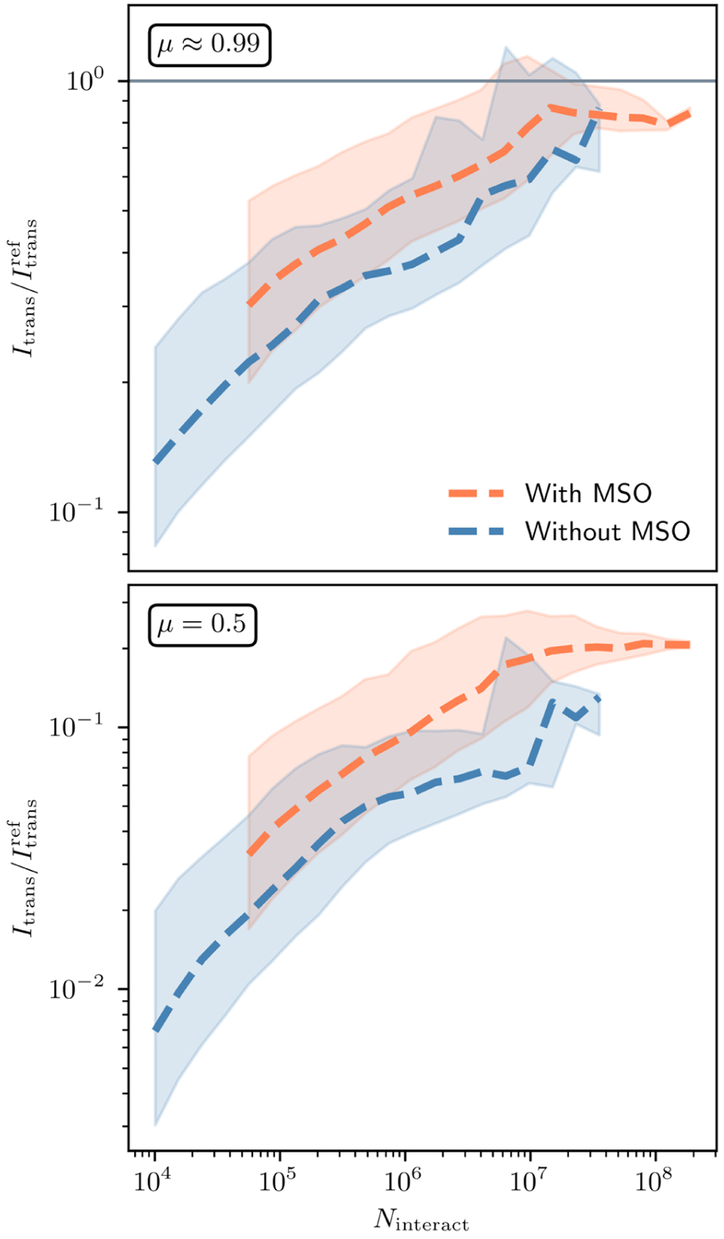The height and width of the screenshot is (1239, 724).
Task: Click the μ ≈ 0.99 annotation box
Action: pos(209,45)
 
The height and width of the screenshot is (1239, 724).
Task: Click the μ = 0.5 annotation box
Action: pos(202,624)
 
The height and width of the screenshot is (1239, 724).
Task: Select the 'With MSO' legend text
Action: pos(588,493)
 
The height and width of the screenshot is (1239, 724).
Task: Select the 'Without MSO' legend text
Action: pos(607,531)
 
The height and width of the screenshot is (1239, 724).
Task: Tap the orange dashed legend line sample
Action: pos(476,493)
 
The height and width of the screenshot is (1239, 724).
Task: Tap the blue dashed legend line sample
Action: pos(476,531)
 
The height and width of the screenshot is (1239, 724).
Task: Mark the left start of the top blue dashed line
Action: pos(156,461)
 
